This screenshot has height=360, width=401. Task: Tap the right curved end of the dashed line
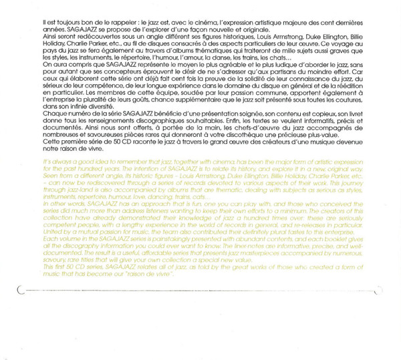click(x=378, y=291)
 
